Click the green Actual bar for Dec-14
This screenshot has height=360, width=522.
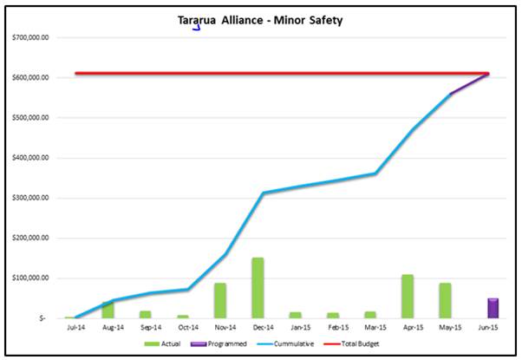pos(258,288)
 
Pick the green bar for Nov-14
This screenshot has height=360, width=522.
pos(220,300)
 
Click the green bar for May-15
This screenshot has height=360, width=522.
pos(445,300)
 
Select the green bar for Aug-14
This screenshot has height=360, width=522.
pos(108,310)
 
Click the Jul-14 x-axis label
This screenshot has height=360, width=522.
pos(70,328)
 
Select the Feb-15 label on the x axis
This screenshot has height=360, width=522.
pos(332,328)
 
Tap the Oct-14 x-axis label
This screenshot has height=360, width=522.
pos(183,328)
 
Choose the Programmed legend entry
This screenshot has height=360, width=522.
pos(227,344)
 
